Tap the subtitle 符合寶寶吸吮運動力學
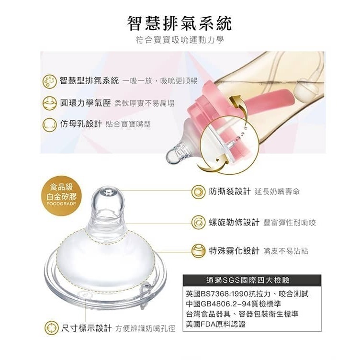[180, 41]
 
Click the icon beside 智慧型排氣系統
[49, 80]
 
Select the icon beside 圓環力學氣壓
[49, 102]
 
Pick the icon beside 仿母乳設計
[49, 124]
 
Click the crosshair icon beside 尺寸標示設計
[51, 328]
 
